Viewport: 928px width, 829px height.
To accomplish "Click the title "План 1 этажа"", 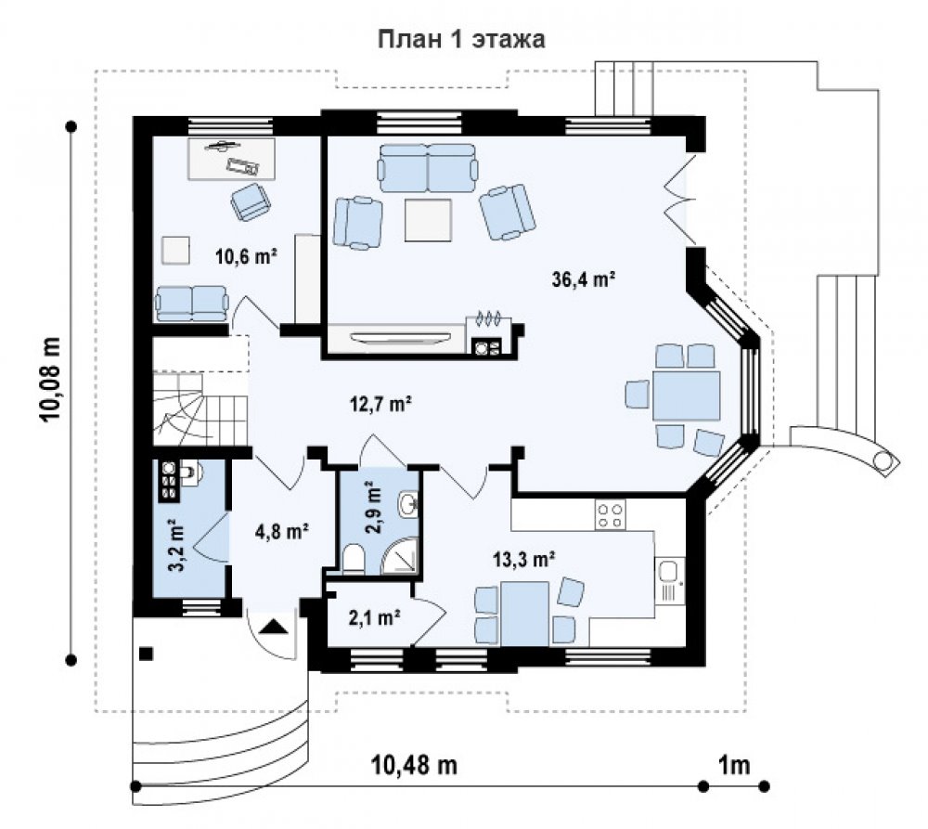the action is click(461, 39).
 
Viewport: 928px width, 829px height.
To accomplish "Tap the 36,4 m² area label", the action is click(584, 278).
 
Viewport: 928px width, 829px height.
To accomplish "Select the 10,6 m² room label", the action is click(247, 256).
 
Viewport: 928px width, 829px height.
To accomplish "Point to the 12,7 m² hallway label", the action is click(380, 404).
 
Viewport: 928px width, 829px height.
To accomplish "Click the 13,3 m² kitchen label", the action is click(523, 558).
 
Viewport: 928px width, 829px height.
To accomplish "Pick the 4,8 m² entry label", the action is click(282, 531).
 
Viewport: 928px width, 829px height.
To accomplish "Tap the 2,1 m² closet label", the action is click(375, 617).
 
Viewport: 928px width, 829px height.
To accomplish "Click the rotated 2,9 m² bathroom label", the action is click(373, 508).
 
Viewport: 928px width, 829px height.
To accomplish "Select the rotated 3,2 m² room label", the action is click(177, 544).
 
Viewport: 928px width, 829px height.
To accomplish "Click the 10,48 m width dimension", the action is click(414, 764).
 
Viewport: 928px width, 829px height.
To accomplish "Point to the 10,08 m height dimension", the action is click(51, 379).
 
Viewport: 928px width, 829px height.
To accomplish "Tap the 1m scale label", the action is click(734, 765).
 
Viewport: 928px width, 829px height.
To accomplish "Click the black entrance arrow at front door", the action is click(274, 626).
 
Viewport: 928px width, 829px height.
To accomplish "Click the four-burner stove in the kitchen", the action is click(611, 514).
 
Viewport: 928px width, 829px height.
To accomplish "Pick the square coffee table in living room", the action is click(429, 220).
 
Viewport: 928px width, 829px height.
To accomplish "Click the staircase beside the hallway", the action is click(200, 408).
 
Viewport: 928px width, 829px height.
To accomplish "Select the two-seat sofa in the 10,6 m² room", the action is click(191, 304).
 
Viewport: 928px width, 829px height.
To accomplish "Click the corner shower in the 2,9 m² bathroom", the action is click(401, 557).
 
